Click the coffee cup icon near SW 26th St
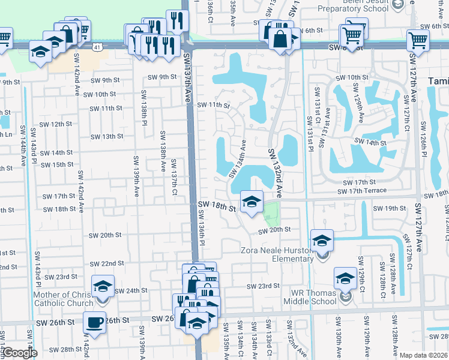(95, 322)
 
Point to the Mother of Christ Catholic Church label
(64, 299)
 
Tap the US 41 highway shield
(97, 46)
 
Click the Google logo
(19, 353)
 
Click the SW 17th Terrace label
(361, 191)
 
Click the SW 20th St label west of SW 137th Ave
(106, 235)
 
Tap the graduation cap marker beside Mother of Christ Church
(103, 286)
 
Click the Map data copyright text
(424, 355)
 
